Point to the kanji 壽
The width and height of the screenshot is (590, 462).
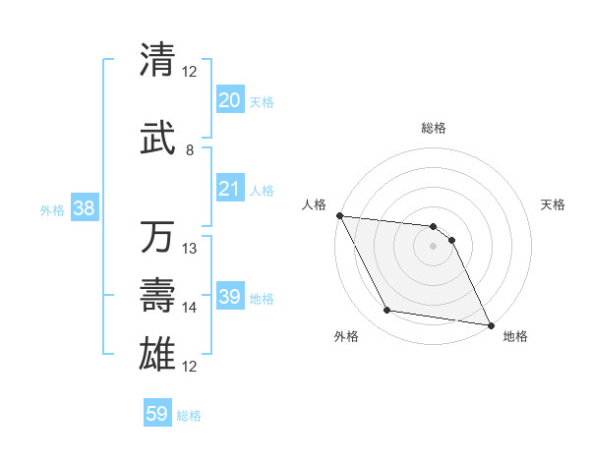click(157, 295)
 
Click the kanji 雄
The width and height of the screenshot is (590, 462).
click(157, 352)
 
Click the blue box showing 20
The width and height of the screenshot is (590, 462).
click(230, 100)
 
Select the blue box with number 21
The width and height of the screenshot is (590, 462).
click(230, 190)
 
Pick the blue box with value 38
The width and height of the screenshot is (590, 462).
click(84, 208)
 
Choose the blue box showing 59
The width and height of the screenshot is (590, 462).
click(157, 414)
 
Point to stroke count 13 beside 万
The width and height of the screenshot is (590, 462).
click(191, 249)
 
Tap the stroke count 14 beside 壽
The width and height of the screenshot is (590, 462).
click(191, 308)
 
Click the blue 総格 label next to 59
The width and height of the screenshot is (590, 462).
click(190, 416)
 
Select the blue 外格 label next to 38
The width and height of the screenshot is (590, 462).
click(52, 209)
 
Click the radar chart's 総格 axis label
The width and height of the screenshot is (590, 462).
click(434, 128)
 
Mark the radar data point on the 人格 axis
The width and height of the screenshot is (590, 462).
click(339, 215)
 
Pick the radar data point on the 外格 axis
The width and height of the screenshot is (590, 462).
click(387, 311)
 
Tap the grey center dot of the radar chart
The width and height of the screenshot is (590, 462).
click(434, 246)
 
